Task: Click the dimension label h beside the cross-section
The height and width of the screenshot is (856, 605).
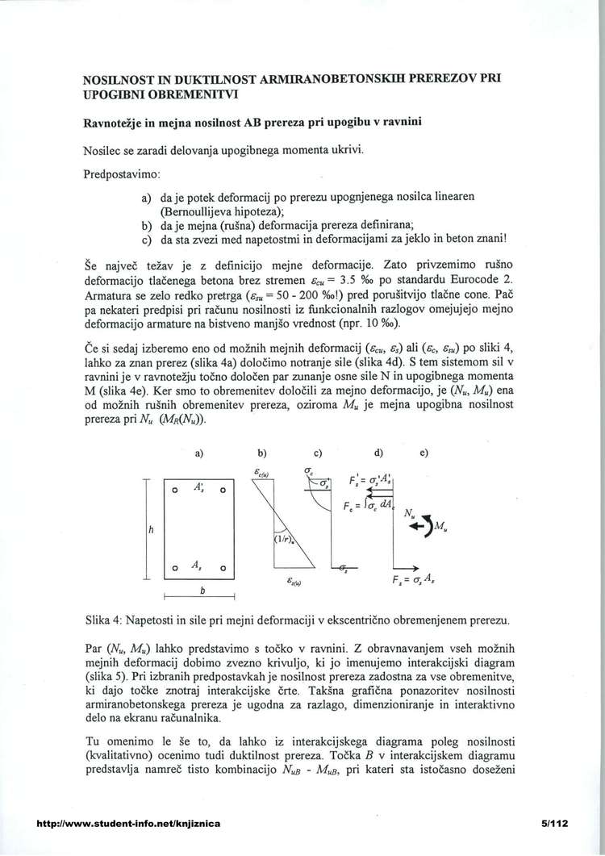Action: [150, 530]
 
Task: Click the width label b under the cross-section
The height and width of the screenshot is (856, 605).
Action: [202, 590]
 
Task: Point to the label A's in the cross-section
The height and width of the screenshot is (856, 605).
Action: [198, 488]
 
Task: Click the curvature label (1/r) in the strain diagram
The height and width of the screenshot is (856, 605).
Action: [284, 540]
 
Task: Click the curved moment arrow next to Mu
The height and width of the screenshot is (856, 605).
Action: [426, 525]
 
